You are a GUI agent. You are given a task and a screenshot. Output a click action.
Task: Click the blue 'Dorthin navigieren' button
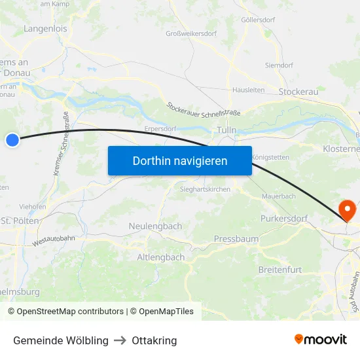click(x=180, y=160)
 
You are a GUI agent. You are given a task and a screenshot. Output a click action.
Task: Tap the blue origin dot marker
click(x=12, y=139)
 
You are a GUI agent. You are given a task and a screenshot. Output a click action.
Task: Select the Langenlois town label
click(x=45, y=29)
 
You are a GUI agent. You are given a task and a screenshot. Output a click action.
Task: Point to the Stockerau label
click(x=298, y=92)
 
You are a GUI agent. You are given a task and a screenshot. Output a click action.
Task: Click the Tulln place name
click(x=226, y=130)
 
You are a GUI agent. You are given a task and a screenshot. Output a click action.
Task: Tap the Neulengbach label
click(x=155, y=226)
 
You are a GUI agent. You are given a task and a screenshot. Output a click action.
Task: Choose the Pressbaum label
click(x=236, y=239)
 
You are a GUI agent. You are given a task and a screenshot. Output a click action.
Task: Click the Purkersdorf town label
click(x=283, y=218)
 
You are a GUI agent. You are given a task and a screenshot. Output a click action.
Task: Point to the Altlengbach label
click(x=160, y=257)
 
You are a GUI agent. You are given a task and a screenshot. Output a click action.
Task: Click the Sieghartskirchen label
click(x=205, y=189)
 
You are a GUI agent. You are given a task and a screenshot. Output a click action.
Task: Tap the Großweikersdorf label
click(x=191, y=33)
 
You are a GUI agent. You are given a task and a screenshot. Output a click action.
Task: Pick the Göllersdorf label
click(x=258, y=20)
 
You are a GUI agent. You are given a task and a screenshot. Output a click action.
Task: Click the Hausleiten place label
click(x=248, y=90)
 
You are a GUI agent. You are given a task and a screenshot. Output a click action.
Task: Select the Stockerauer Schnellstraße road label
click(x=203, y=109)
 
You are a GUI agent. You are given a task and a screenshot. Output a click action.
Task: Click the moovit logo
click(x=320, y=340)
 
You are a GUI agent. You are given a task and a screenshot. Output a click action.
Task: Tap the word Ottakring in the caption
click(x=154, y=340)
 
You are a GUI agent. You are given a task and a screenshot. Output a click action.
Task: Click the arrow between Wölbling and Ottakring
click(x=120, y=340)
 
